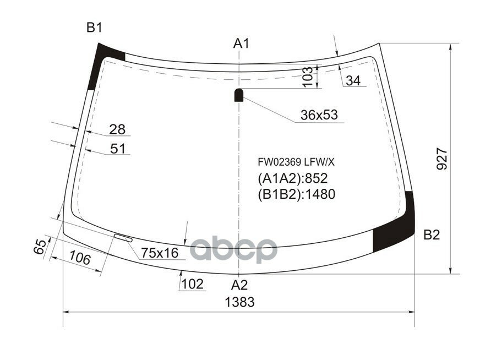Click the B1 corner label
point(94,28)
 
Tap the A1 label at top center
point(241,43)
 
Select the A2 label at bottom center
point(239,285)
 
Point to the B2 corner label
point(432,235)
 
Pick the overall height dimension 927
point(444,160)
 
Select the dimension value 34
point(353,81)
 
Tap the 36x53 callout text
point(319,115)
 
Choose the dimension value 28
point(117,129)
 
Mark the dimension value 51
point(118,149)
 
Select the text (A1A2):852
point(292,178)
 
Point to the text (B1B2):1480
point(296,194)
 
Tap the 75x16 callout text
point(160,253)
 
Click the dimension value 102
point(193,284)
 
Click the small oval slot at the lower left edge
point(123,238)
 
